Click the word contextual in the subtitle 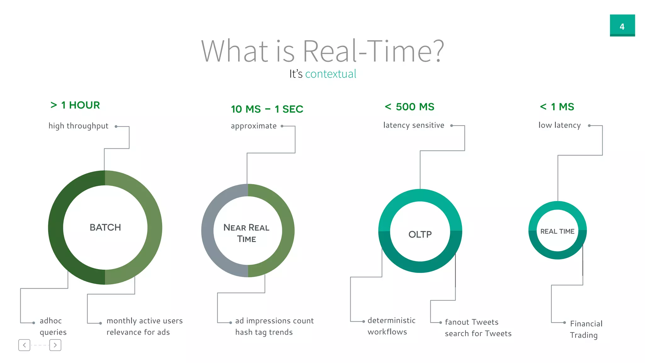point(331,74)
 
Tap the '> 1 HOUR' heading point(75,105)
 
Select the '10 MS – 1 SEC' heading point(267,109)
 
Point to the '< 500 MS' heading point(409,107)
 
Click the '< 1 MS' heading point(557,107)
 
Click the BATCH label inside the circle point(105,228)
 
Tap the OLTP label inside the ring point(420,234)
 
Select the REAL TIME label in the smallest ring point(557,231)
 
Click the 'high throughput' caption point(78,126)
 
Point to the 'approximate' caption point(254,126)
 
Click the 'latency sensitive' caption point(414,125)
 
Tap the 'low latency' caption point(560,125)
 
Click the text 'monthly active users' point(145,321)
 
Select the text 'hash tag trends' point(264,332)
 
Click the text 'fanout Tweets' point(471,322)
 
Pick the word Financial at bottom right point(586,324)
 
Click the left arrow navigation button point(24,345)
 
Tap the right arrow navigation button point(55,345)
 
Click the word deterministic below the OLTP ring point(391,320)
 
